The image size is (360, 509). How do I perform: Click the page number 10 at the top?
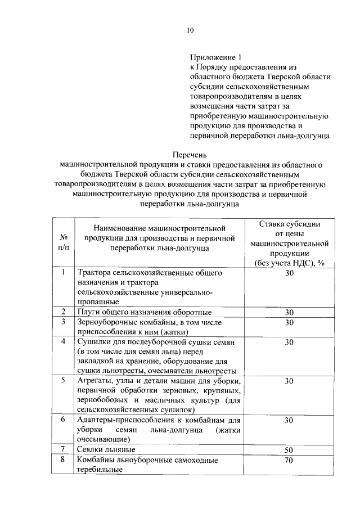click(190, 31)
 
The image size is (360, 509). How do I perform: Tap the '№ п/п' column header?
click(64, 242)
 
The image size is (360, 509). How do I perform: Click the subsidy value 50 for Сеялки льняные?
click(289, 450)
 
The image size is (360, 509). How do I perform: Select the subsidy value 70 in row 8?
click(289, 461)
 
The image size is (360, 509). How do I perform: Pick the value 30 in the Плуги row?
click(289, 312)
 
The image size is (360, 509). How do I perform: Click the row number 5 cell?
click(64, 381)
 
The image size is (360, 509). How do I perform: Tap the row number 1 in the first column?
click(64, 273)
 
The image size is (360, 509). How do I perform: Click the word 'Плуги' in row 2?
click(89, 312)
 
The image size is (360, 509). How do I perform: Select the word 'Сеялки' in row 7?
click(91, 450)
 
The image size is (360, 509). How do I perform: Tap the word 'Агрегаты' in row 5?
click(95, 381)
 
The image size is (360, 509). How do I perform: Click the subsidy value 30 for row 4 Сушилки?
click(289, 341)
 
